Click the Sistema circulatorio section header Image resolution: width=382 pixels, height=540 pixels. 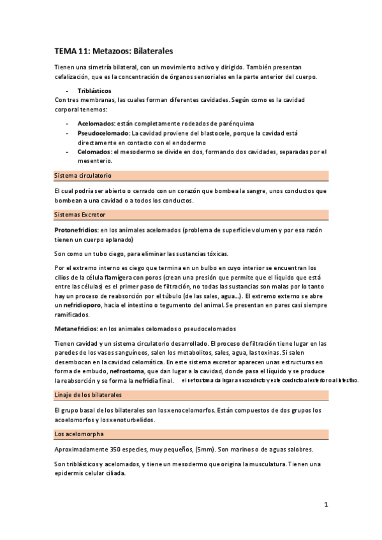coord(84,174)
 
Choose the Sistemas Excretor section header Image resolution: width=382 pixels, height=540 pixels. coord(80,215)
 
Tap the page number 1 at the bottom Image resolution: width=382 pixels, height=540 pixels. coord(325,505)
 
